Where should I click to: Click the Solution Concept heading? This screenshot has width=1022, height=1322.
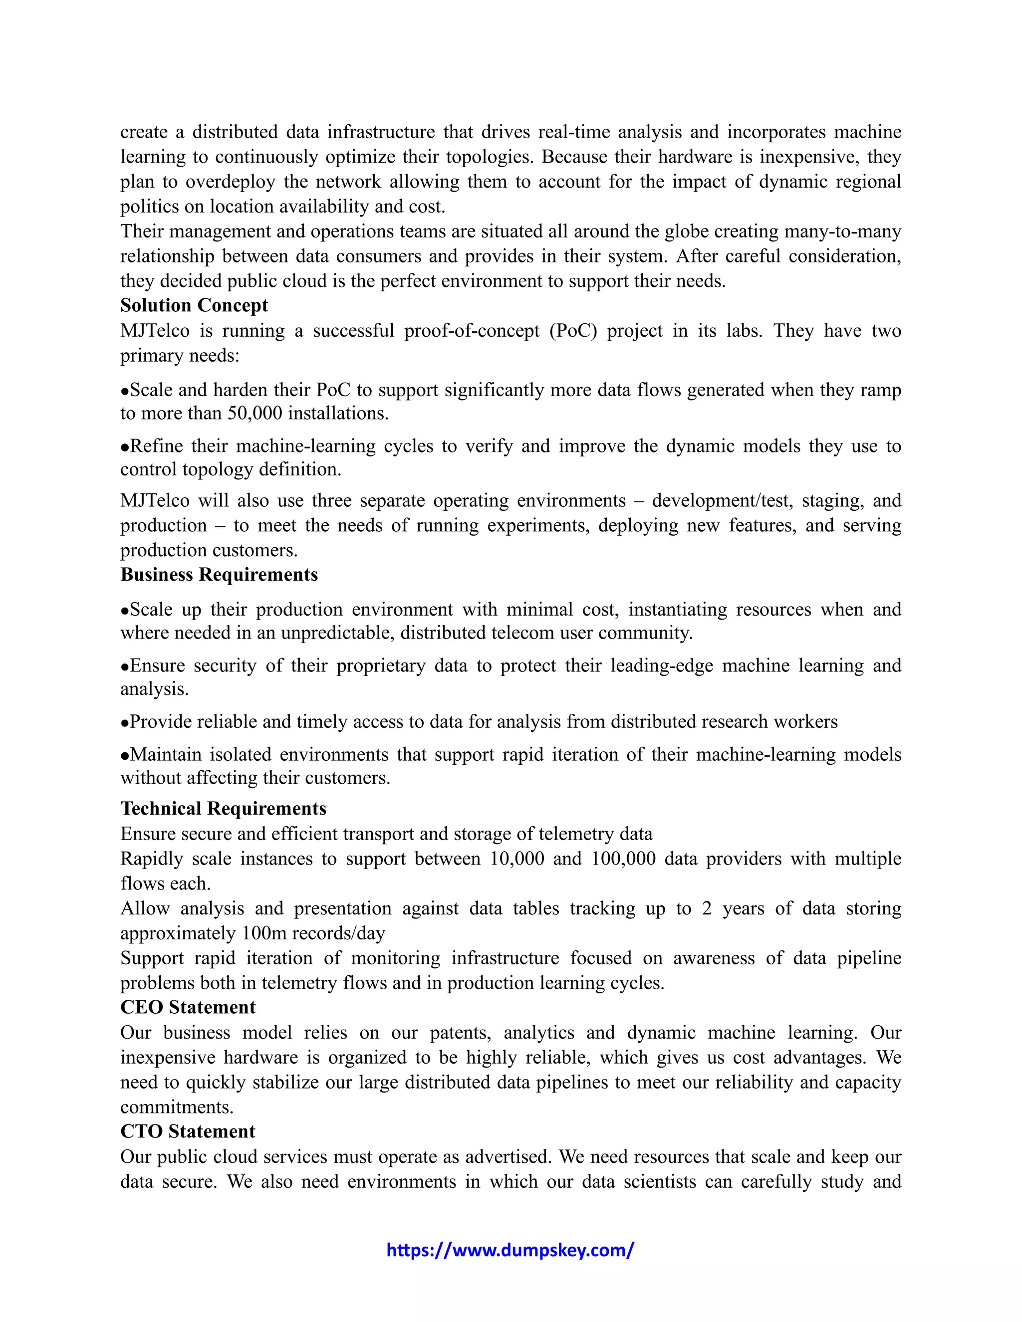(x=194, y=306)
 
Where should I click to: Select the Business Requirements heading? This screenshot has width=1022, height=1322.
(x=219, y=574)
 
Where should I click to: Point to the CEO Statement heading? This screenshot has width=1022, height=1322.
(x=188, y=1007)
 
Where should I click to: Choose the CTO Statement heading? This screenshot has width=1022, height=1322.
(x=188, y=1131)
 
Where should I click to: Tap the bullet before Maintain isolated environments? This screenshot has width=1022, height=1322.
(x=125, y=755)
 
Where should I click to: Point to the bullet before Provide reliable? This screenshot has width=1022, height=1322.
(x=125, y=723)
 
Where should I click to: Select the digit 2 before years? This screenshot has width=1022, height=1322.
(x=707, y=908)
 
